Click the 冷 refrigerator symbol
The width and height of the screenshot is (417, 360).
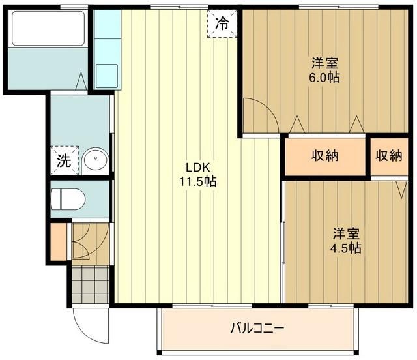click(222, 25)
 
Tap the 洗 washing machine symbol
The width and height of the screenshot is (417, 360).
click(64, 160)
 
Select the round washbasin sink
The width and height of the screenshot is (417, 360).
click(96, 159)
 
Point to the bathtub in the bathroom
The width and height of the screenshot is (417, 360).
click(48, 29)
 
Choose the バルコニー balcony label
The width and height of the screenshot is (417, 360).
click(257, 329)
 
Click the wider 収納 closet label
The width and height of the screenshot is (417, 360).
click(324, 156)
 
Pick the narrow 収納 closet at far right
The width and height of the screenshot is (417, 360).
click(389, 156)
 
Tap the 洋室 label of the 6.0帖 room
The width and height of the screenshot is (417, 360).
click(324, 64)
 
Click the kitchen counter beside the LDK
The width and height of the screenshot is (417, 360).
click(107, 49)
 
